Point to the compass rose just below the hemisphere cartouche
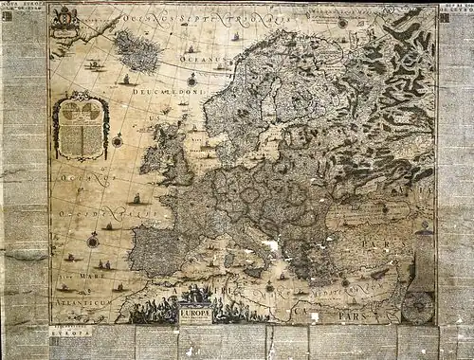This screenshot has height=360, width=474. pyautogui.click(x=118, y=140)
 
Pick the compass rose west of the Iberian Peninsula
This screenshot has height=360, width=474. pyautogui.click(x=93, y=240)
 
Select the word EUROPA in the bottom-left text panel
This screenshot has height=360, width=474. pyautogui.click(x=72, y=334)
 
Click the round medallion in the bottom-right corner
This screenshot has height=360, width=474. pyautogui.click(x=418, y=305)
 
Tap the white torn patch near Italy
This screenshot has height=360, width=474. pyautogui.click(x=273, y=247)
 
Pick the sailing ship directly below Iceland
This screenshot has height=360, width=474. pyautogui.click(x=127, y=80)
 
